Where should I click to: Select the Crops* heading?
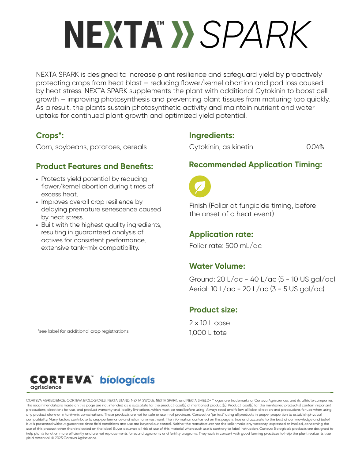coord(53,136)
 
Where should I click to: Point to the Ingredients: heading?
coord(211,135)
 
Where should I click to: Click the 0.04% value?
coord(315,147)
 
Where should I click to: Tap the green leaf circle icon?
coord(200,186)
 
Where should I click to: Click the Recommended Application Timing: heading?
coord(255,165)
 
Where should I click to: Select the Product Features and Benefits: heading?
coord(94,166)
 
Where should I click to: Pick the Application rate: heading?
coord(221,234)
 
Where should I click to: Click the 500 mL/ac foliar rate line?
coord(225,246)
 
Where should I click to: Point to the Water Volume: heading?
coord(217,266)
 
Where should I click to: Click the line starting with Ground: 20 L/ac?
coord(262,279)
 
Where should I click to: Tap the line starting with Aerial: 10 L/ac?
coord(256,289)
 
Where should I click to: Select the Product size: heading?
coord(213,309)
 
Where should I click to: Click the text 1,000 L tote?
coord(208,333)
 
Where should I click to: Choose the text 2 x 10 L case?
coord(210,323)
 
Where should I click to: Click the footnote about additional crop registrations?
coord(83,331)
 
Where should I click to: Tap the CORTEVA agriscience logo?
coord(61,382)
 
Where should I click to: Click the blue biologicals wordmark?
coord(127,380)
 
